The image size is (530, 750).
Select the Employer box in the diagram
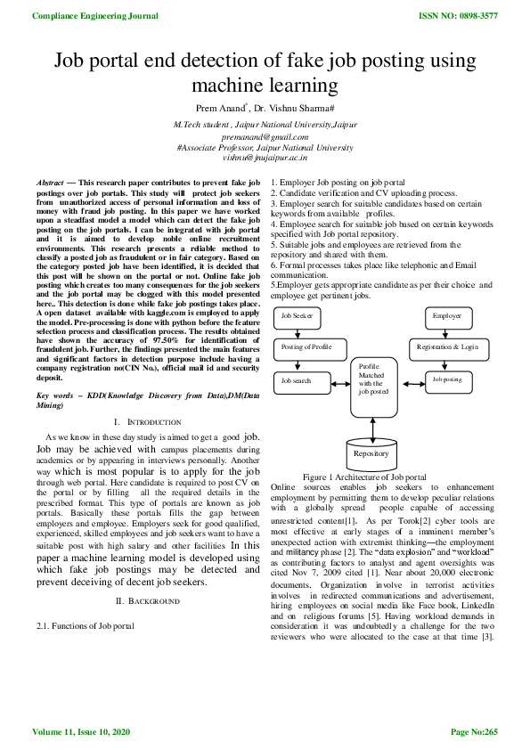click(x=445, y=316)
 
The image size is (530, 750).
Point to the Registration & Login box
click(x=446, y=346)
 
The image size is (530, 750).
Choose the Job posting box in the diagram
click(x=446, y=379)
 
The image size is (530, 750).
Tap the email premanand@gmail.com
click(x=265, y=137)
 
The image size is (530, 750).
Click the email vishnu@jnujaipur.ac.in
click(x=265, y=157)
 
